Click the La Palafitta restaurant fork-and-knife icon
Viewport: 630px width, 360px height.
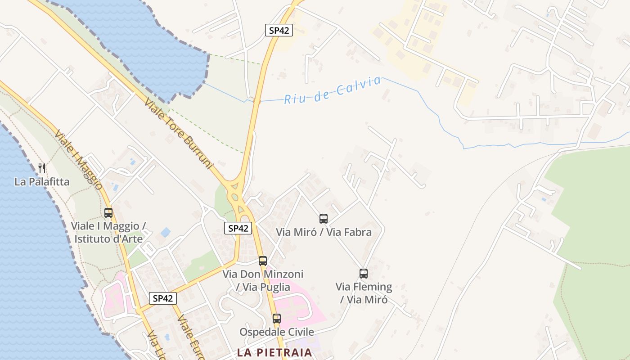click(x=42, y=169)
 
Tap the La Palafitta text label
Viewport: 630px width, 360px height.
click(x=42, y=182)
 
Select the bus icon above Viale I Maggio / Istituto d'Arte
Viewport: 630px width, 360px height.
click(x=108, y=213)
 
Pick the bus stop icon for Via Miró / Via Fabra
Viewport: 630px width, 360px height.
click(x=324, y=219)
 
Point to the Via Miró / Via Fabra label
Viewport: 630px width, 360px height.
click(x=324, y=232)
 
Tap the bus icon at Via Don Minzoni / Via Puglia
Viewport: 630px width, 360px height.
click(x=263, y=261)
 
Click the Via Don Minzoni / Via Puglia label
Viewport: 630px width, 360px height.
click(x=263, y=280)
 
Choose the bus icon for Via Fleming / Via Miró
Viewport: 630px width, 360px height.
click(x=364, y=274)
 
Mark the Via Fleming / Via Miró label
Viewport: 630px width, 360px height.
click(x=364, y=293)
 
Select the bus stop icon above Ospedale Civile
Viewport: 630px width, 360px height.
click(x=277, y=319)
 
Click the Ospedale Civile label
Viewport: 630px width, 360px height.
click(x=277, y=332)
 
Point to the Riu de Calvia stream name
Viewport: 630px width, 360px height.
click(x=333, y=90)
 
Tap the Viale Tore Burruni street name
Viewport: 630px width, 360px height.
click(x=178, y=134)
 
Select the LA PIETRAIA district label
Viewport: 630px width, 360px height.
click(x=274, y=352)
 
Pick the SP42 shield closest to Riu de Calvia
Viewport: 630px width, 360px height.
click(x=279, y=31)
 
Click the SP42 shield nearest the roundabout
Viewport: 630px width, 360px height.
click(x=238, y=228)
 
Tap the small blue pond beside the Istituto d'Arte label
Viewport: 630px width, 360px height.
click(x=166, y=232)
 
